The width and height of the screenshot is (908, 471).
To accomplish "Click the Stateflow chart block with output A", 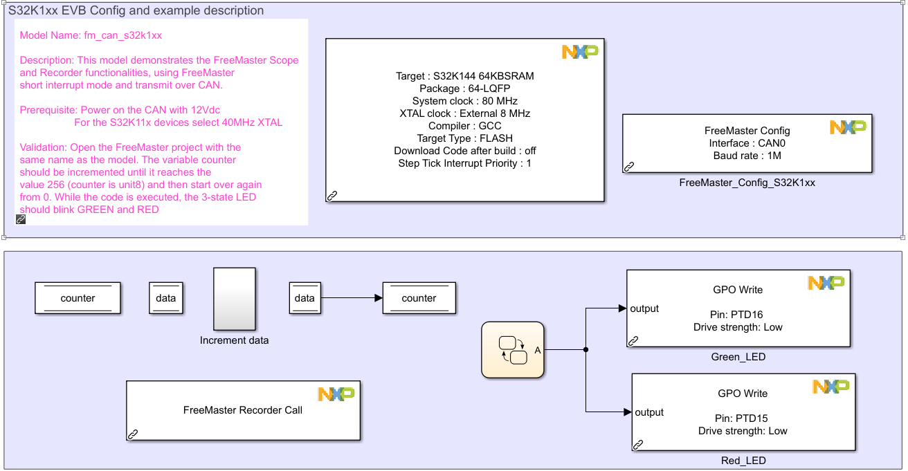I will coord(512,350).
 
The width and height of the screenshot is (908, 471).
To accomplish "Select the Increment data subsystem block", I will coord(234,299).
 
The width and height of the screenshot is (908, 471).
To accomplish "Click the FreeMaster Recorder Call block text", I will coord(243,410).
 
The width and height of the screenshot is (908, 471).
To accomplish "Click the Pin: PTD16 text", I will coord(737,315).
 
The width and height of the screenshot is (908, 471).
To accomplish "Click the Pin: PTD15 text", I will coord(742,418).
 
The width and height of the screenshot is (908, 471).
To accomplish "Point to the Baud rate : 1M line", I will coord(747,156).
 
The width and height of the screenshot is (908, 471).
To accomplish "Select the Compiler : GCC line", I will coord(464,126).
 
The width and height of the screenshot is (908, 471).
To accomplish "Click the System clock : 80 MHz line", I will coord(464,101).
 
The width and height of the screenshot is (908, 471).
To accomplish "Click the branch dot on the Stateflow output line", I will coord(586,350).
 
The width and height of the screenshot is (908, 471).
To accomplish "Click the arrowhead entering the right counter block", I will coord(378,298).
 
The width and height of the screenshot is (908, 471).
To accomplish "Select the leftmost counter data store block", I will coord(78,298).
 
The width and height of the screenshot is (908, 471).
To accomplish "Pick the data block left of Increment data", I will coord(166,298).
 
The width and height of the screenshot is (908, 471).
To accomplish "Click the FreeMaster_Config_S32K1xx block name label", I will coord(747,183).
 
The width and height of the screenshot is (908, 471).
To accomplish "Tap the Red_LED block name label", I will coord(743,461).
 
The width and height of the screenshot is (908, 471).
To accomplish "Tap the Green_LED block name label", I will coord(738,357).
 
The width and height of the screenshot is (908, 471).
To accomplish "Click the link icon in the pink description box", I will coord(21,219).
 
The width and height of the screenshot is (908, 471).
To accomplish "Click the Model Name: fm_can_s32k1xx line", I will coord(91,35).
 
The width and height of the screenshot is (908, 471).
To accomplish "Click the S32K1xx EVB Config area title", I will coord(136,10).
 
